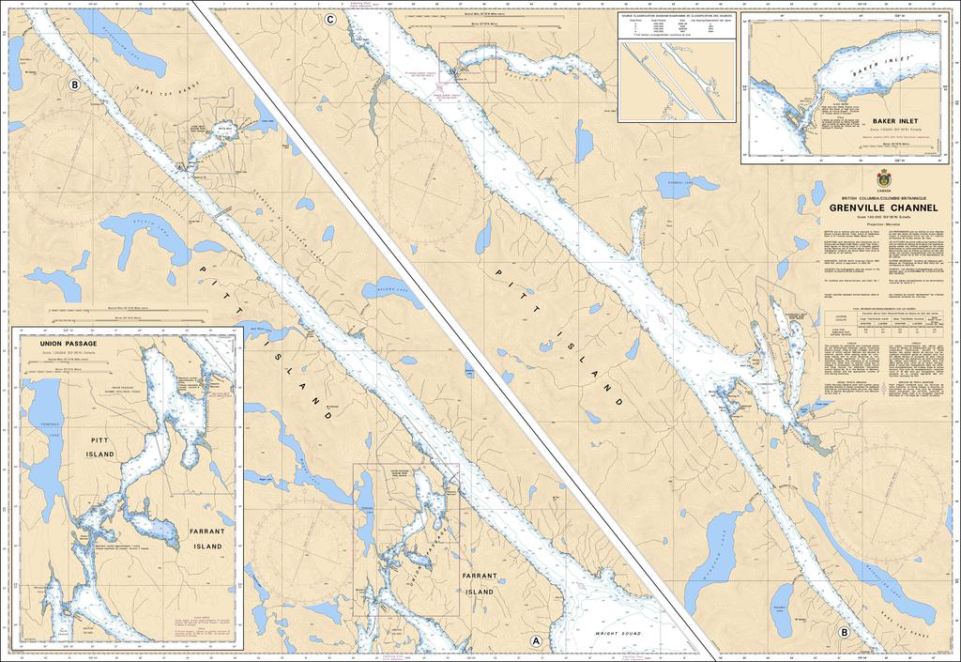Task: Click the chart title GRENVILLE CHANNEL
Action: pyautogui.click(x=882, y=208)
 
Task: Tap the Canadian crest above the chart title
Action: pyautogui.click(x=883, y=178)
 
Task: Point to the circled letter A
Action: pyautogui.click(x=536, y=641)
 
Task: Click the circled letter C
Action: pyautogui.click(x=329, y=20)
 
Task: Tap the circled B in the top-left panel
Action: pyautogui.click(x=74, y=85)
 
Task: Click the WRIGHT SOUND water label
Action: pyautogui.click(x=624, y=634)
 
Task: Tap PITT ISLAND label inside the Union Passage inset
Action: pyautogui.click(x=99, y=446)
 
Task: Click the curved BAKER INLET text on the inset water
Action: pyautogui.click(x=877, y=69)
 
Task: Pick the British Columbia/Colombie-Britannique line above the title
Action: pyautogui.click(x=882, y=198)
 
